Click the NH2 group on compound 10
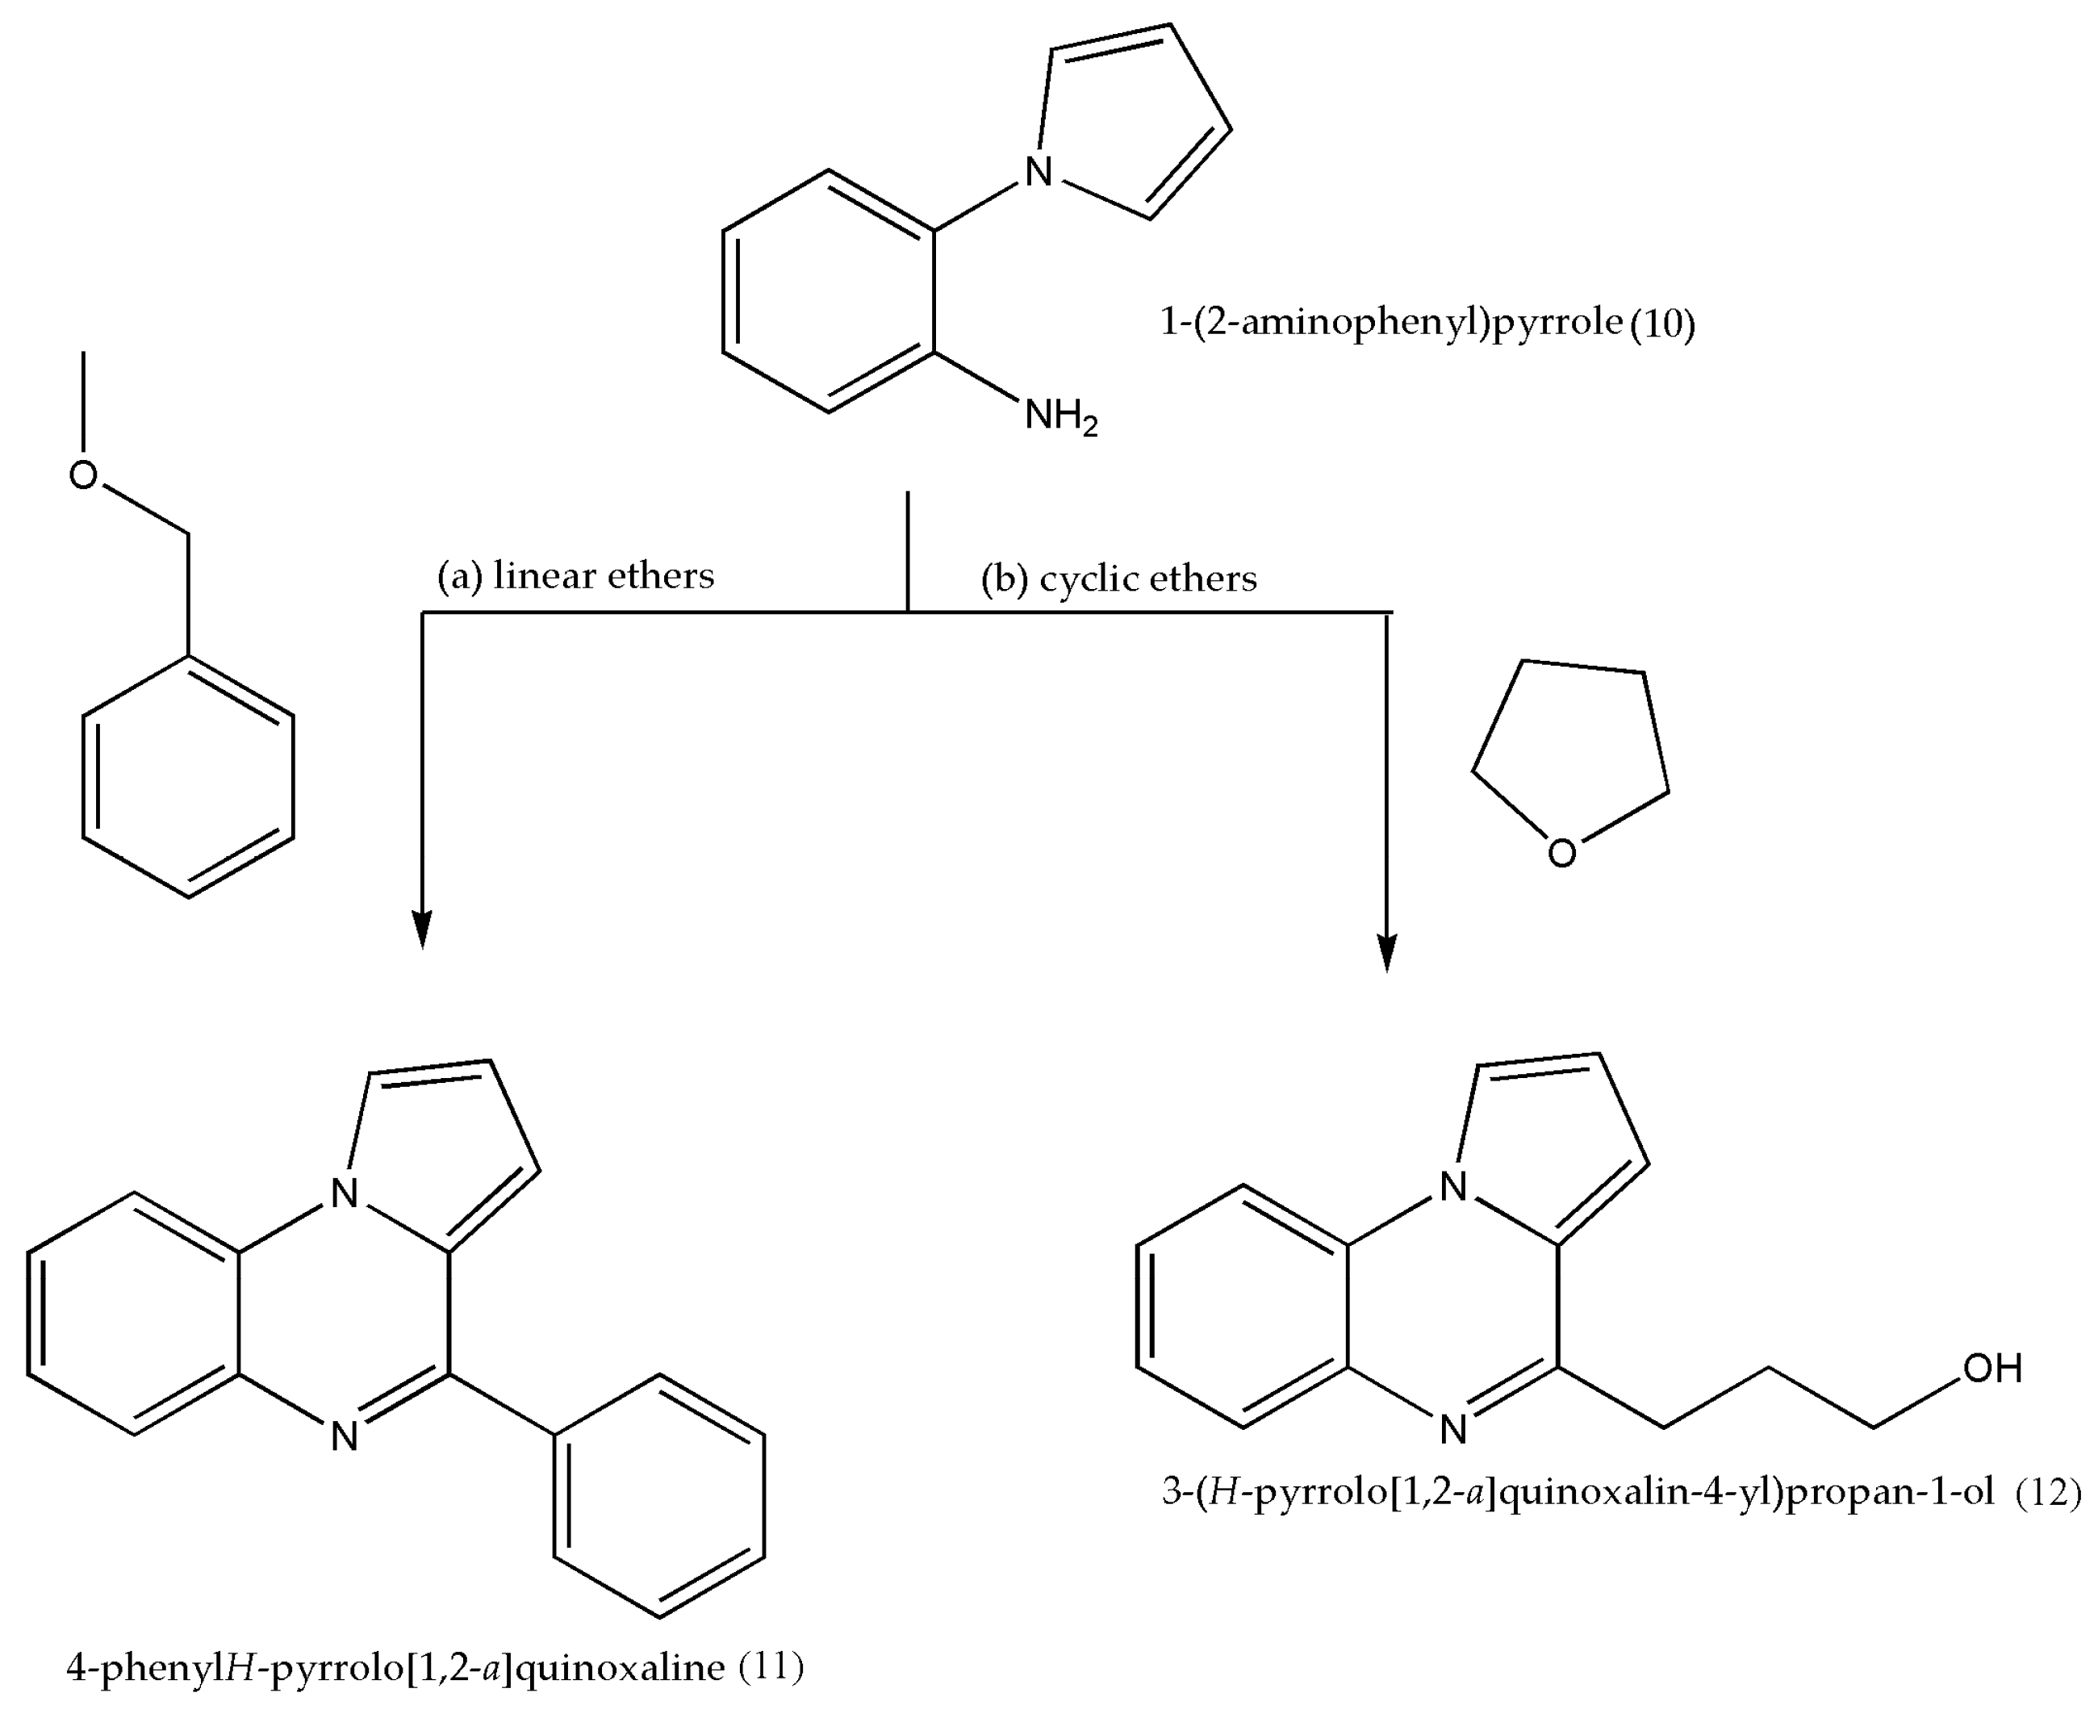coord(1059,416)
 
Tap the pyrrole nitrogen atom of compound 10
coord(1038,172)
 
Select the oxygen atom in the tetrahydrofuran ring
coord(1561,853)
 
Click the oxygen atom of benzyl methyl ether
coord(83,475)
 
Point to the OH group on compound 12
coord(1991,1369)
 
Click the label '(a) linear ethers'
coord(575,576)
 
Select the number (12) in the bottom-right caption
coord(2047,1492)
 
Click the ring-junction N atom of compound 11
coord(345,1193)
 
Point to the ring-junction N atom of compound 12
coord(1453,1186)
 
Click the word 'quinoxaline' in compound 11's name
coord(621,1669)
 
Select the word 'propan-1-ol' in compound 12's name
coord(1890,1493)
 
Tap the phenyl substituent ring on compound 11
coord(658,1497)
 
